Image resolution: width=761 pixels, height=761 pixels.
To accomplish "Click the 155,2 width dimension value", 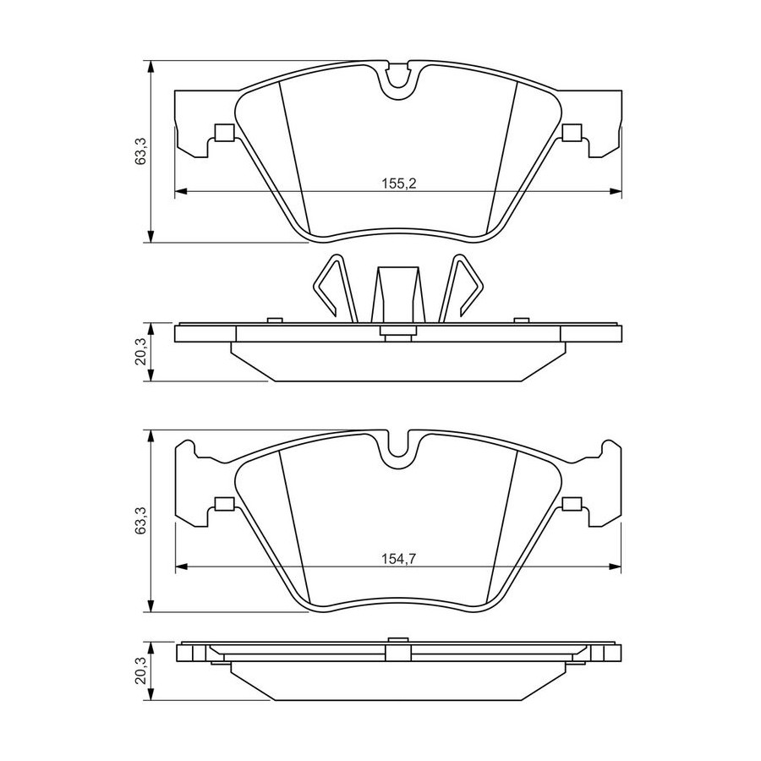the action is point(399,183).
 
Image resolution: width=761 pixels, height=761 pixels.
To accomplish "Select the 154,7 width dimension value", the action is point(399,559).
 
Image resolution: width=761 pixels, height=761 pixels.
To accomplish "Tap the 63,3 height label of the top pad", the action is point(140,151).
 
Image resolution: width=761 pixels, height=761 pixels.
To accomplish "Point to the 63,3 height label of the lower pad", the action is point(140,520).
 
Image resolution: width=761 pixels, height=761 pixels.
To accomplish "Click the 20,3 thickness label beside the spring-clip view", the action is point(140,352).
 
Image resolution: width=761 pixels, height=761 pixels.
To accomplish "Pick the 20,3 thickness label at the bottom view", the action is point(140,671).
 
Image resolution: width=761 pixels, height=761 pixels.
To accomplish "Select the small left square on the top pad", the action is point(224,132).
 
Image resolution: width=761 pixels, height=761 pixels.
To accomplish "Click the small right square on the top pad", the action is point(572,132).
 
